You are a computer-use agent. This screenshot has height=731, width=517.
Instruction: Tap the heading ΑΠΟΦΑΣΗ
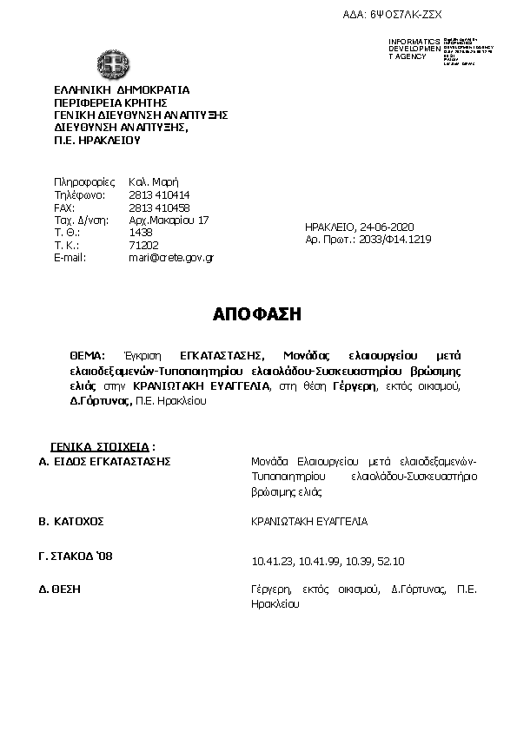click(257, 314)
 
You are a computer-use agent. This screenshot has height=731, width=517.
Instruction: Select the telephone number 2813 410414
click(159, 195)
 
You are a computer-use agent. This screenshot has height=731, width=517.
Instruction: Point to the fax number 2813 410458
click(159, 208)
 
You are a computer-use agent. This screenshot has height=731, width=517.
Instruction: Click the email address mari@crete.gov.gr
click(171, 258)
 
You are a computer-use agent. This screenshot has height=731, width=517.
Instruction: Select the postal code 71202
click(143, 246)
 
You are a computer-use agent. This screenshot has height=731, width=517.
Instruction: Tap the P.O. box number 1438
click(141, 233)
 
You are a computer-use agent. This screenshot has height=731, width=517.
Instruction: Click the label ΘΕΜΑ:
click(87, 356)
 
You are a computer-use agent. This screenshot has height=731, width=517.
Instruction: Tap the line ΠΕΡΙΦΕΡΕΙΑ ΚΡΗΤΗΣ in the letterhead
click(108, 102)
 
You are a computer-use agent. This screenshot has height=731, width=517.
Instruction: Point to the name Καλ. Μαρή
click(153, 182)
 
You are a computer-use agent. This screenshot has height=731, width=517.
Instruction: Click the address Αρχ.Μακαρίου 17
click(169, 221)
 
